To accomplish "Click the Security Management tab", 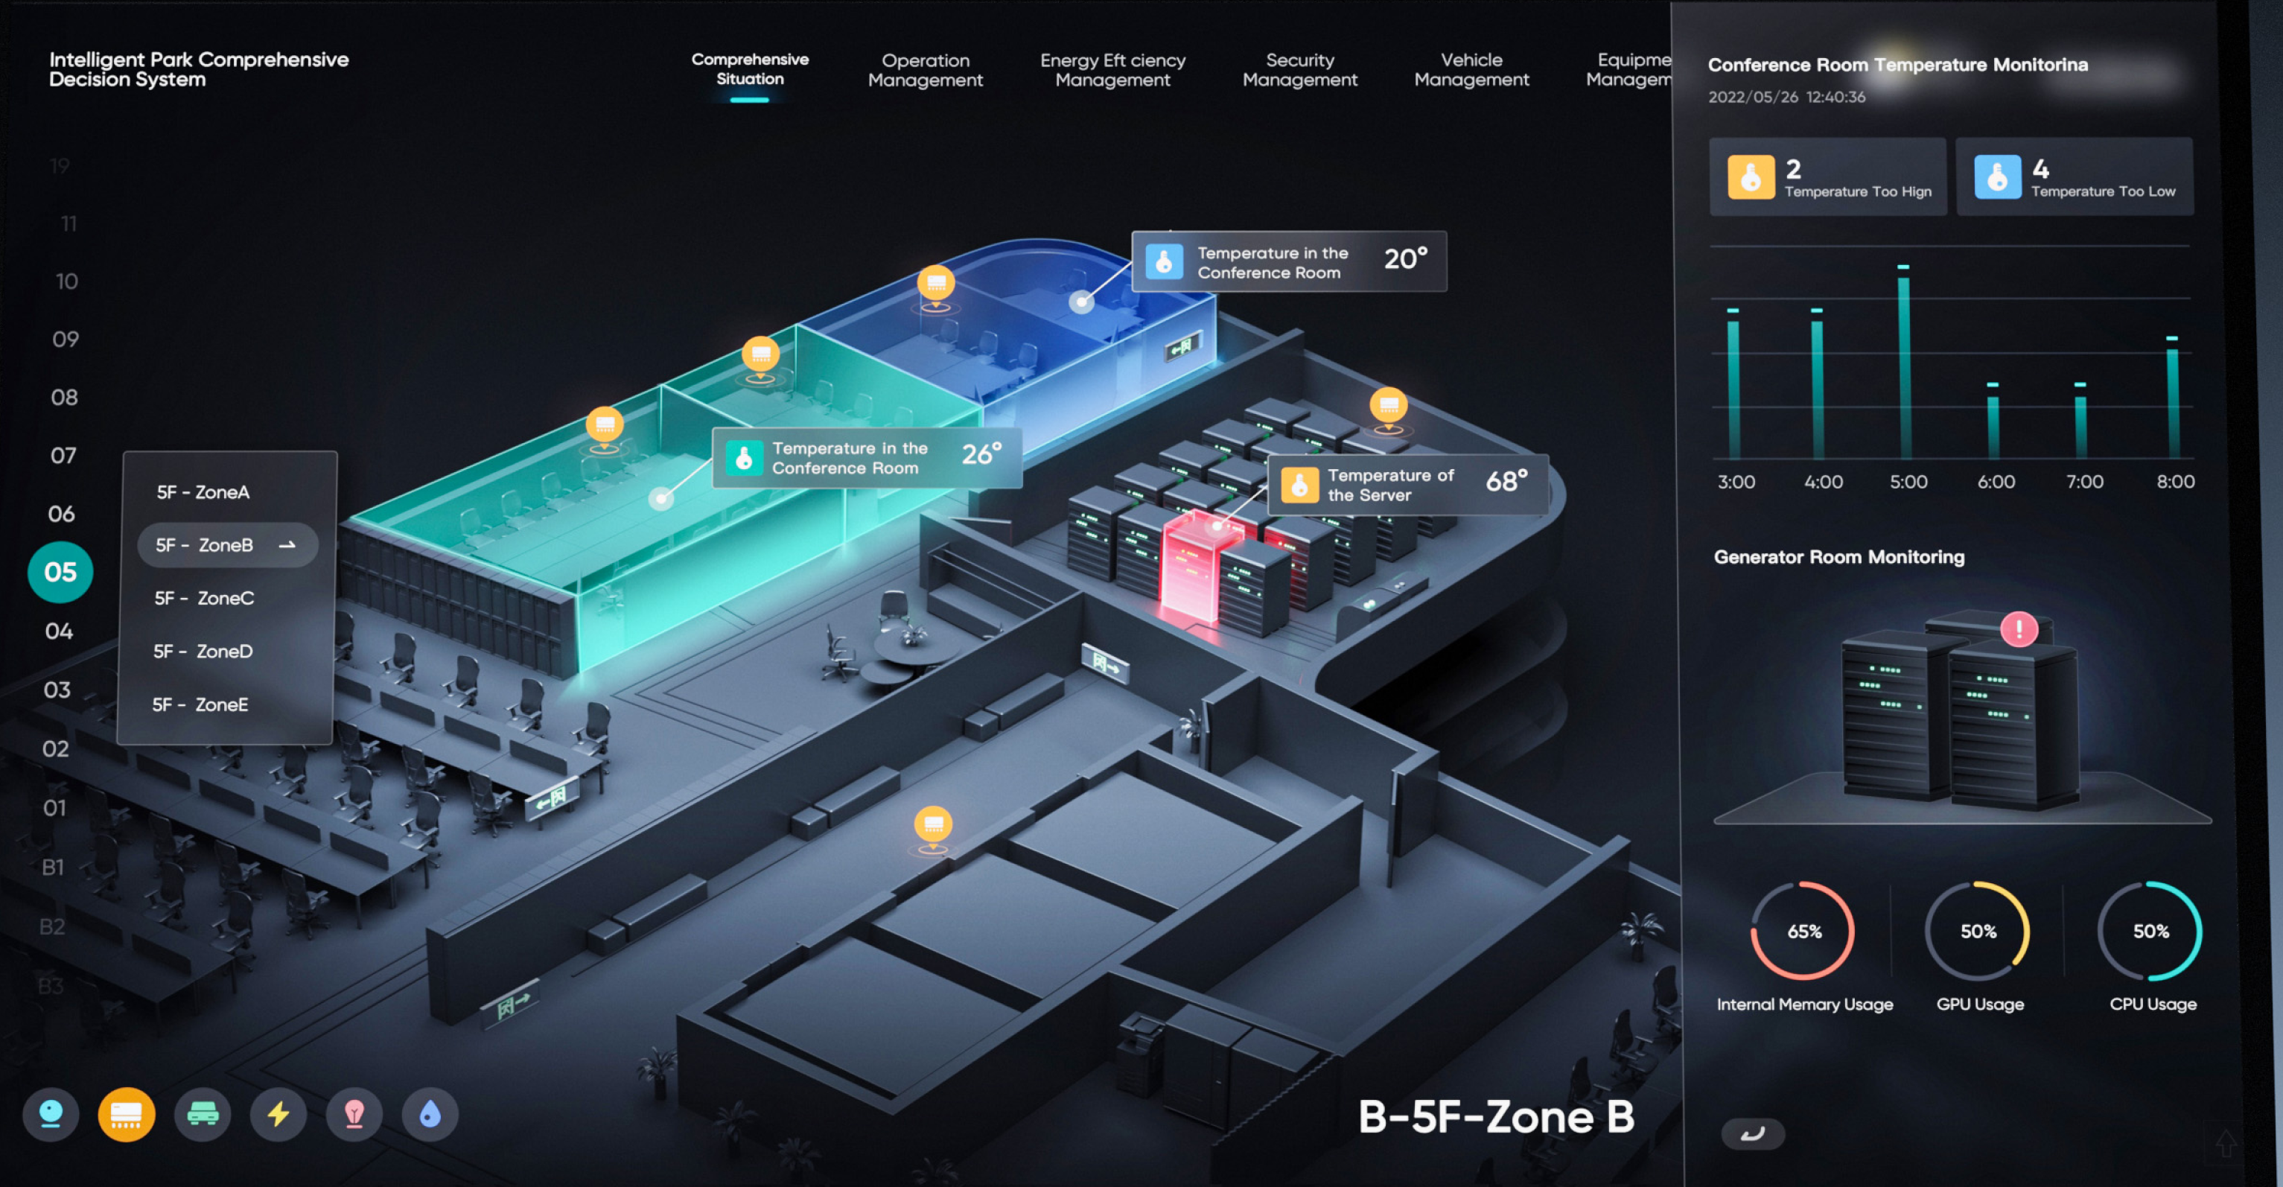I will [x=1299, y=70].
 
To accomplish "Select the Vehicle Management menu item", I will [x=1471, y=70].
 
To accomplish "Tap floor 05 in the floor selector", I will [x=60, y=573].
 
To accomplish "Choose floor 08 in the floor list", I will [x=64, y=397].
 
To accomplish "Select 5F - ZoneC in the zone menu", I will [x=205, y=599].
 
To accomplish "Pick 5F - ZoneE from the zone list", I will [x=200, y=704].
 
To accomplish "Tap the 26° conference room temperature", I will [x=981, y=455].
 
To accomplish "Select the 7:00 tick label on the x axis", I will [x=2083, y=483].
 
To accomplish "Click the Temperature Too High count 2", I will [x=1793, y=168].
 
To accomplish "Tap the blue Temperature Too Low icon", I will [x=1997, y=177].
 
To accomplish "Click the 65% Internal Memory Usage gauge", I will [x=1803, y=931].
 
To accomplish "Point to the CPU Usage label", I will [x=2152, y=1005].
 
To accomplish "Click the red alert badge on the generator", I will [x=2019, y=629].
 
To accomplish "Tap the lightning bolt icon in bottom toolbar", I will [x=278, y=1113].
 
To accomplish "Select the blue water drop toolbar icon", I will [x=430, y=1113].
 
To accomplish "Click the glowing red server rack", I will [x=1192, y=567].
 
